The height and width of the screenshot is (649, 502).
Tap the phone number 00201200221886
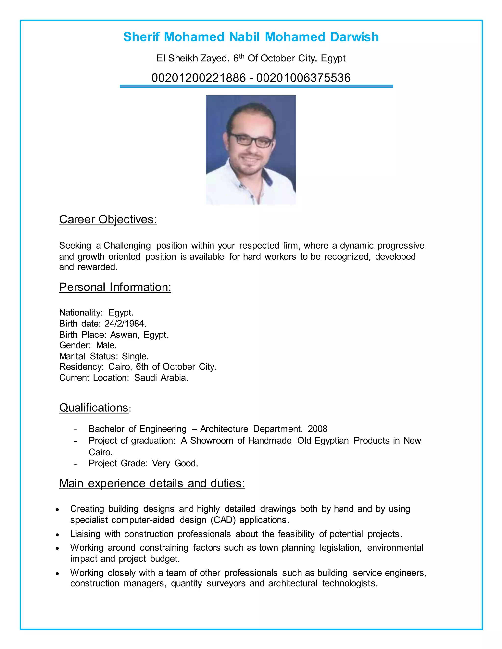tap(198, 78)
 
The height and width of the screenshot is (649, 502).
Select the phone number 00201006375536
tap(303, 78)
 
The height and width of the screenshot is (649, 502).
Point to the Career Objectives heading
tap(108, 220)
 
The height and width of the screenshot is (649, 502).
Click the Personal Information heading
tap(115, 287)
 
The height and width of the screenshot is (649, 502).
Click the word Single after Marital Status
tap(135, 356)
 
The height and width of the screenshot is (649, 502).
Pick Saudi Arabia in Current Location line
tap(161, 378)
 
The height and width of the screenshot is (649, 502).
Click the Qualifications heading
tap(94, 408)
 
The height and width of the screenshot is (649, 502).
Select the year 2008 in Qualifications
tap(317, 429)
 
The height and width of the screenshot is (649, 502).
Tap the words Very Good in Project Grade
tap(175, 463)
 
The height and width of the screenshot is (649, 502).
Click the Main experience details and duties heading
tap(152, 483)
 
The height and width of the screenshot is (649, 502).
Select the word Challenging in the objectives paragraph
tap(127, 246)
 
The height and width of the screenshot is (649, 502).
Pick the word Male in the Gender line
tap(106, 345)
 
